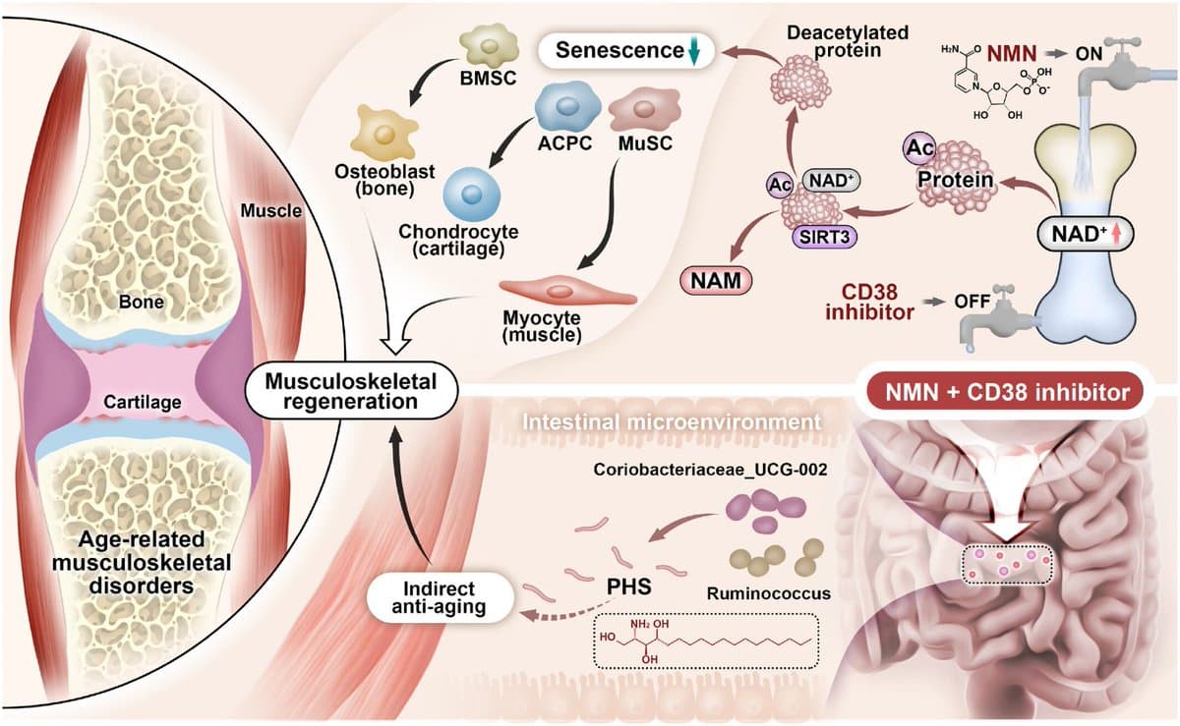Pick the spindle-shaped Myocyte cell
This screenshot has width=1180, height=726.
(x=566, y=291)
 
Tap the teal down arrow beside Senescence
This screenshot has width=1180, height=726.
(x=693, y=53)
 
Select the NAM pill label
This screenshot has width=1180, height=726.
(x=716, y=281)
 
